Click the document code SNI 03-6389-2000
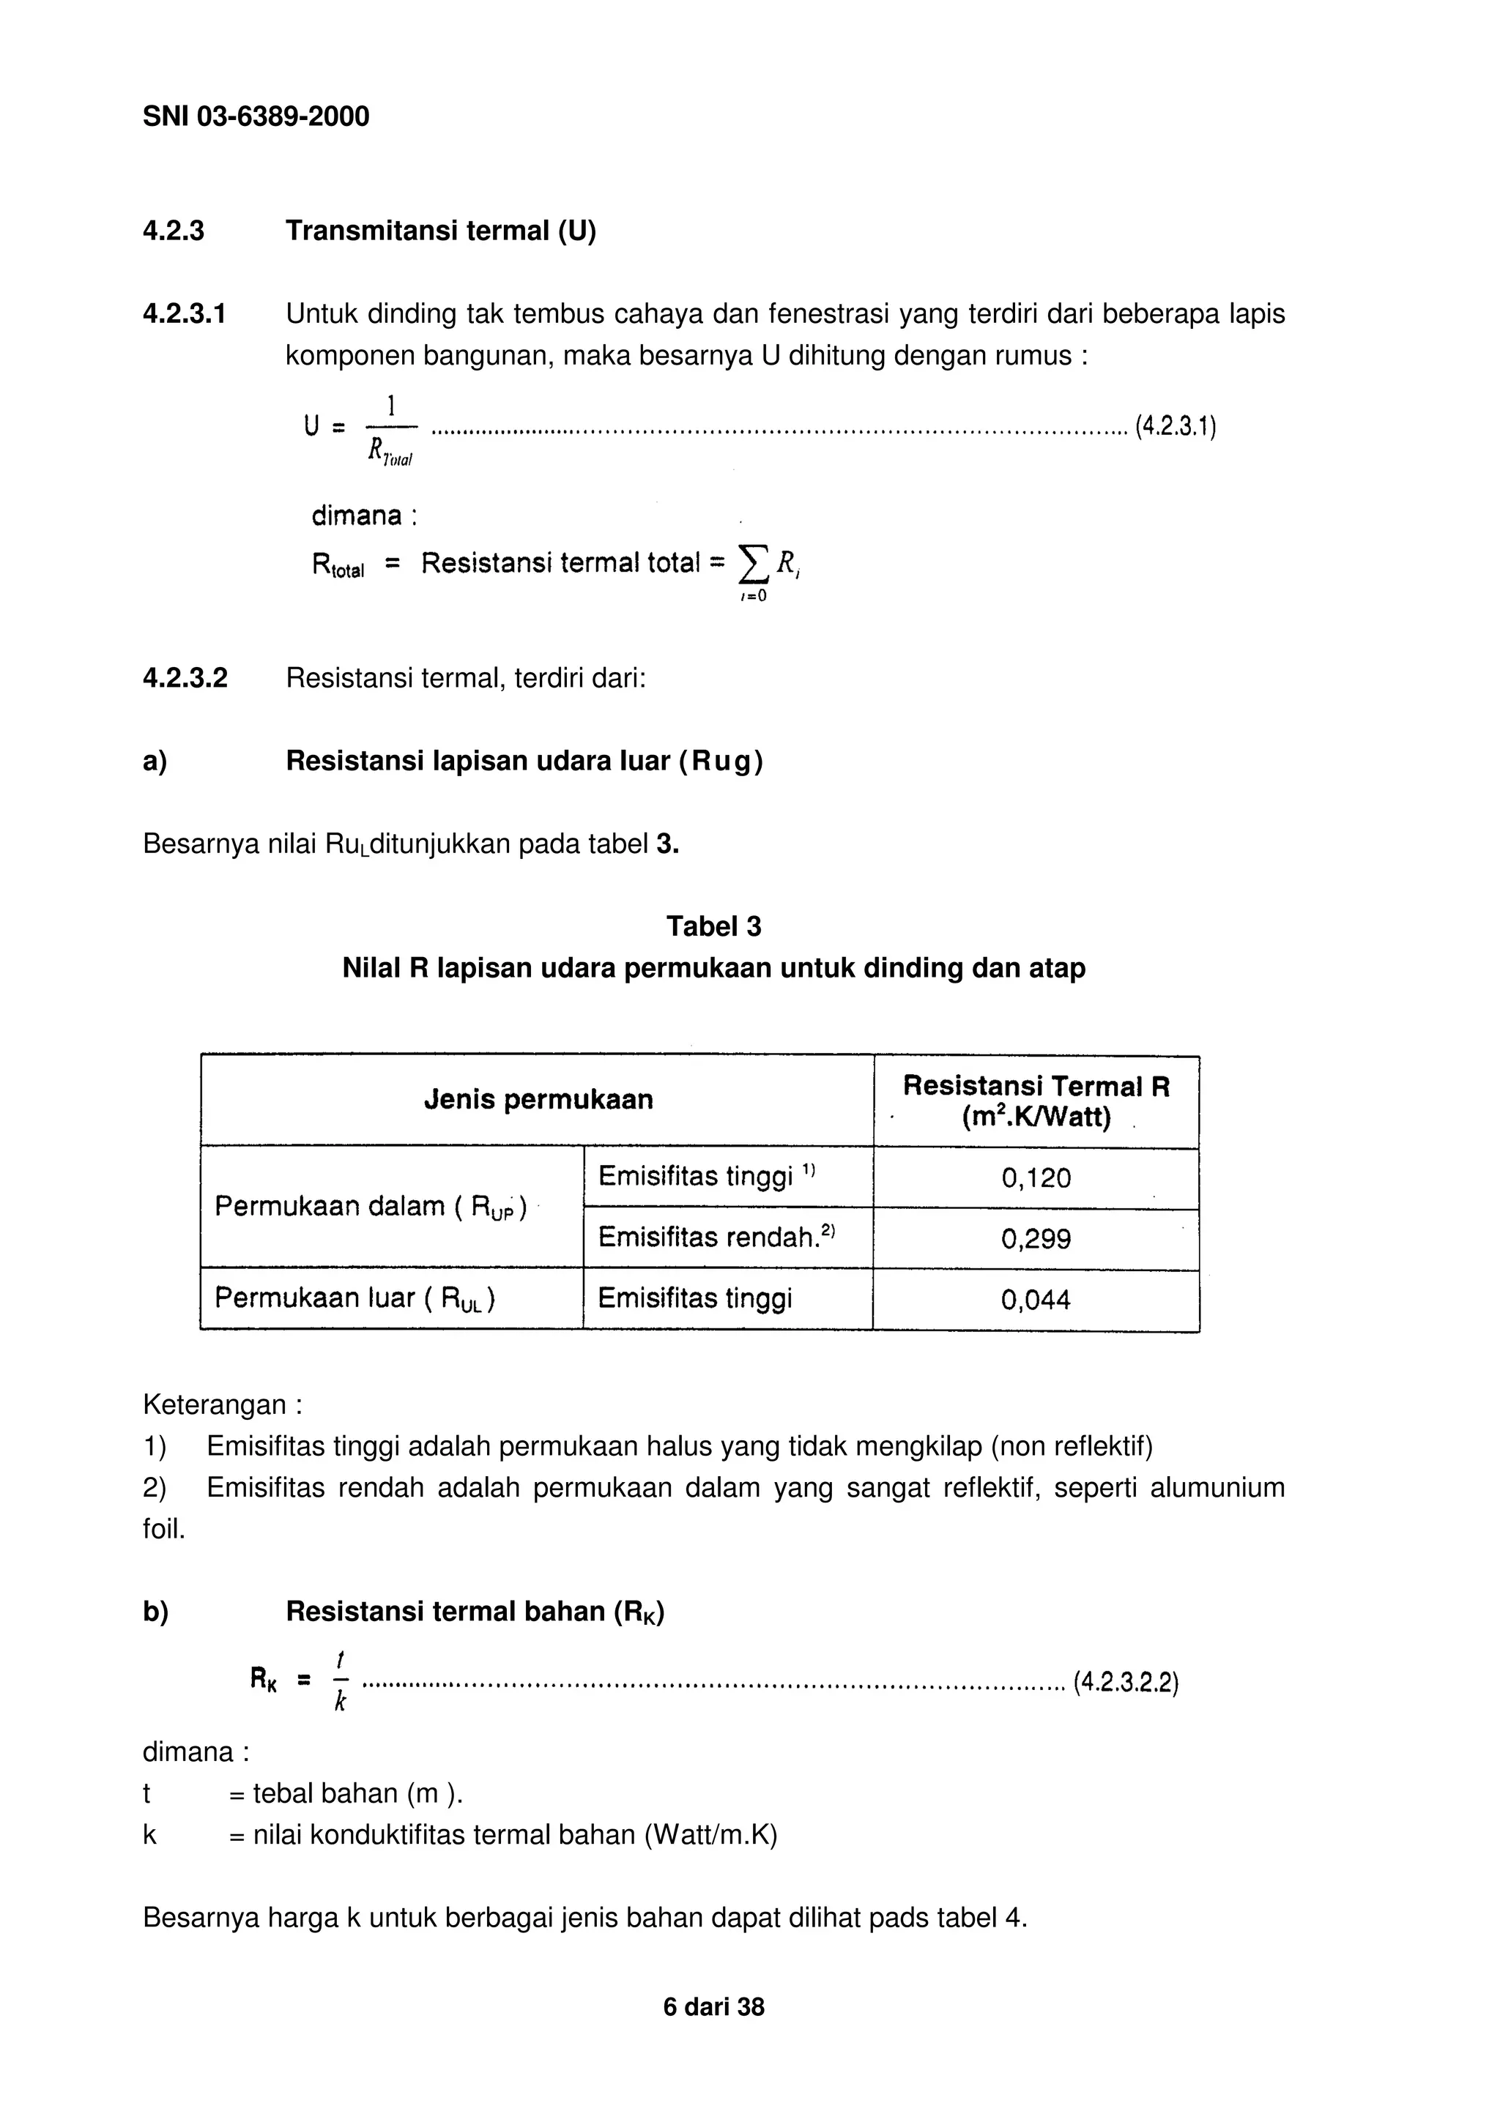(x=256, y=116)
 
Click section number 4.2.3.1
(x=184, y=314)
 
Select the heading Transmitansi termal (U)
(x=440, y=230)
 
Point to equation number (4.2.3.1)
(x=1175, y=426)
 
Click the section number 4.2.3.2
(x=185, y=677)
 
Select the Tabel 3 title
(x=713, y=926)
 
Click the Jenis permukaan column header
(x=538, y=1099)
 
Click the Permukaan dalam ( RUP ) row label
(x=371, y=1207)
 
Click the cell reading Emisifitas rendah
(x=716, y=1237)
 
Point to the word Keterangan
(x=215, y=1405)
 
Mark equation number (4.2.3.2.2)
(x=1126, y=1682)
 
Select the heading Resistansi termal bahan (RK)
(x=474, y=1611)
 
